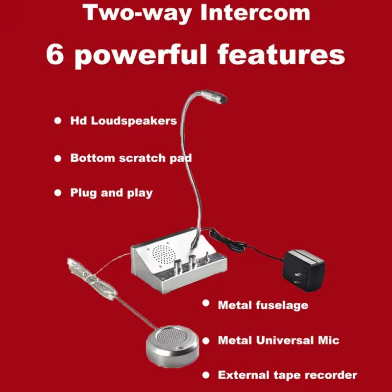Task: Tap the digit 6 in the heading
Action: (x=55, y=54)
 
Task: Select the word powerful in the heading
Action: (x=142, y=56)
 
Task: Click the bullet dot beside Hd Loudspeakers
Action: (x=58, y=121)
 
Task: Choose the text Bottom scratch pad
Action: (x=131, y=158)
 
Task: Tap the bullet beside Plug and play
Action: (x=58, y=193)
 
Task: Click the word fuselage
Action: (x=281, y=305)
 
